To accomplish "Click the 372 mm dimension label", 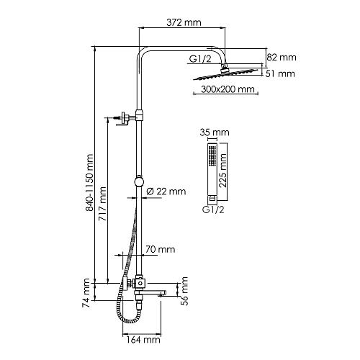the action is tap(184, 22).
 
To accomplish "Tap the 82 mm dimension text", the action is tap(282, 58).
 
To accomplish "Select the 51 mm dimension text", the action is tap(280, 73).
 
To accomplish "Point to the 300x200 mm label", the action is tap(228, 89).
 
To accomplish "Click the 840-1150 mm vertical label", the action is tap(89, 183).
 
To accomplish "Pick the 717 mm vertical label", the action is tap(102, 204).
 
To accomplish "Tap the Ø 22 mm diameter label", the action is tap(166, 192).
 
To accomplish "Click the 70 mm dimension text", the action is tap(160, 250).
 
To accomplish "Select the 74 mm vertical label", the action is tap(86, 293).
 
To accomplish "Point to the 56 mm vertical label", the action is tap(184, 291).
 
